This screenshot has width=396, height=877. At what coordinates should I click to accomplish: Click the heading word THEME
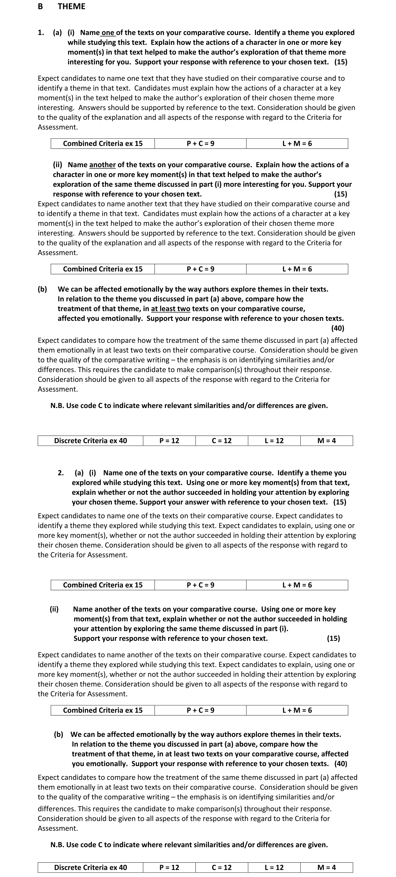click(x=71, y=7)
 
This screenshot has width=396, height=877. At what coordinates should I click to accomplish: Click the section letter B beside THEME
click(x=40, y=7)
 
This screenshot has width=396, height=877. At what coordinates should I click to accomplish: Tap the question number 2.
click(x=61, y=473)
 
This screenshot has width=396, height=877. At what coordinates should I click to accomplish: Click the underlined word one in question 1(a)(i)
click(x=108, y=33)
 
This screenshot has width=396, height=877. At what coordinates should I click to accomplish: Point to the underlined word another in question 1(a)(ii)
click(x=102, y=165)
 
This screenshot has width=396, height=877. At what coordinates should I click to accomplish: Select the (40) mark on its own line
click(x=337, y=328)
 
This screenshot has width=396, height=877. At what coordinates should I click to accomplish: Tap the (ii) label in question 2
click(x=54, y=609)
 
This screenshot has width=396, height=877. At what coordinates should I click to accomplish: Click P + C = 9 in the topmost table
click(x=200, y=144)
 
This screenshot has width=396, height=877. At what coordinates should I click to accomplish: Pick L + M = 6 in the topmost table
click(x=297, y=144)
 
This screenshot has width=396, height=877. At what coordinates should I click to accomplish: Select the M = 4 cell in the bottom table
click(x=326, y=867)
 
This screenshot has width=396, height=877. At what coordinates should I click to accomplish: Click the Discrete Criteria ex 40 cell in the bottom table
click(x=90, y=867)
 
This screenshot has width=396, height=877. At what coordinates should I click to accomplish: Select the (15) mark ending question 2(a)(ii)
click(x=333, y=638)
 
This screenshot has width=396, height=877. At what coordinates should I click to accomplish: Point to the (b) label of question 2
click(x=59, y=734)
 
